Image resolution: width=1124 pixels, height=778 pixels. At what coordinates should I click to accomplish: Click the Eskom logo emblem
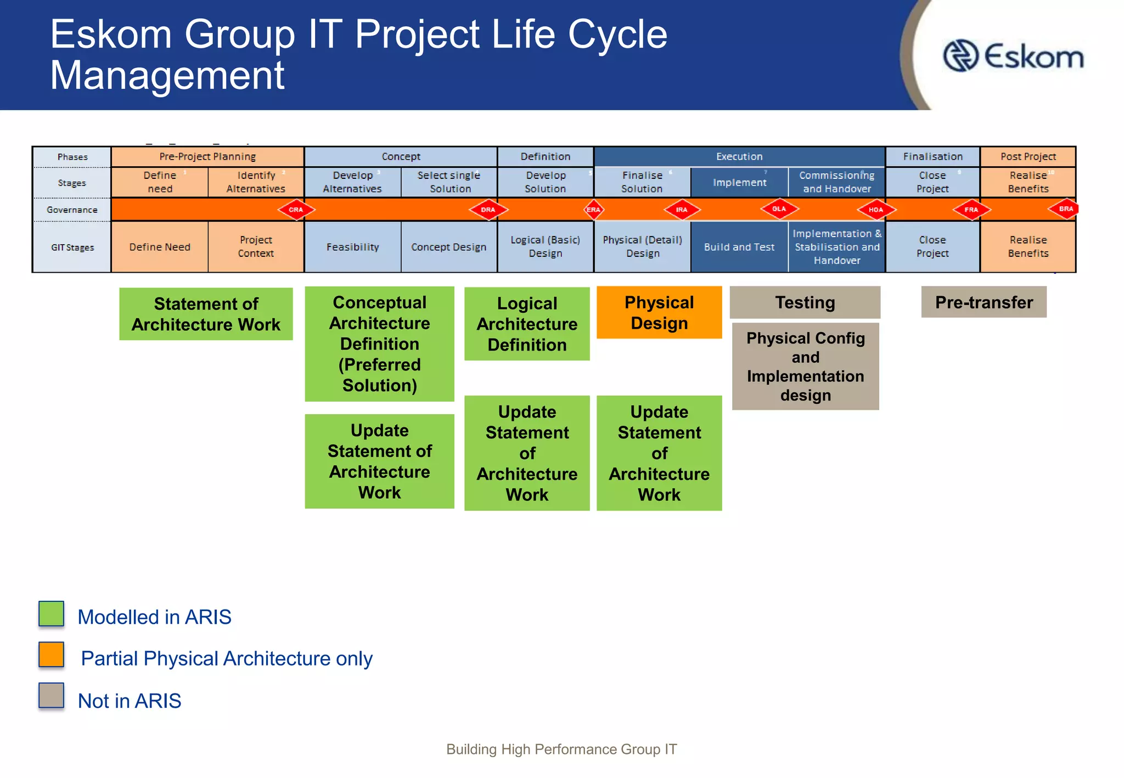(x=960, y=55)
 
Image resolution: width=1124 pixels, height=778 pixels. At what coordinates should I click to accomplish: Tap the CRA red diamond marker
(x=296, y=210)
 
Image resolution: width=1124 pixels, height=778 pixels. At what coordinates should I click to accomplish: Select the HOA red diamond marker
(x=876, y=210)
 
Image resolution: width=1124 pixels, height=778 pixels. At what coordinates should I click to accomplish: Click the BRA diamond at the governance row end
(x=1065, y=209)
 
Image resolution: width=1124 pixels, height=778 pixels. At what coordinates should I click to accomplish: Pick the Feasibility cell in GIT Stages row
(x=352, y=247)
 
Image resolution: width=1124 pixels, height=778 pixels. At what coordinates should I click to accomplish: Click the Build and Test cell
(x=739, y=247)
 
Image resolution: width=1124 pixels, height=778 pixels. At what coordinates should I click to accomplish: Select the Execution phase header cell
(x=739, y=156)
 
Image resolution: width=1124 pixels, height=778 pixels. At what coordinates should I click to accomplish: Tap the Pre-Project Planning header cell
(x=207, y=156)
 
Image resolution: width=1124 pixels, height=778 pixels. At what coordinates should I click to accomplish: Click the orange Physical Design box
(x=659, y=312)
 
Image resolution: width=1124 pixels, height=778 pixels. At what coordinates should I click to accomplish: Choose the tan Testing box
(x=805, y=302)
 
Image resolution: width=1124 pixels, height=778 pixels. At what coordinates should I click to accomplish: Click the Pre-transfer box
(x=983, y=302)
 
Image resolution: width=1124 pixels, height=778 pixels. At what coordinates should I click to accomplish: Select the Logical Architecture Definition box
(x=527, y=324)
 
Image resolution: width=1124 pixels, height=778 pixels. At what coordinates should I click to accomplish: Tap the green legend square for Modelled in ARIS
(x=52, y=613)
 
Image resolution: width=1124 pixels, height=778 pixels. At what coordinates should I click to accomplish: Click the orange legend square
(x=52, y=655)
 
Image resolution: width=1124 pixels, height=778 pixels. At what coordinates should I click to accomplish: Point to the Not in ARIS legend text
(x=130, y=701)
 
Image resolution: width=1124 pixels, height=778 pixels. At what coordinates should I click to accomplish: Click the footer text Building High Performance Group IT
(x=561, y=749)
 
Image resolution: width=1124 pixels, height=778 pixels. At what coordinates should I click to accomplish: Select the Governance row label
(x=72, y=210)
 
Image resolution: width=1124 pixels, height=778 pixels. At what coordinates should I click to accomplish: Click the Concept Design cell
(x=448, y=247)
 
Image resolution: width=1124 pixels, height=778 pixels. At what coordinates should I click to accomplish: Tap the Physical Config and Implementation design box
(x=805, y=366)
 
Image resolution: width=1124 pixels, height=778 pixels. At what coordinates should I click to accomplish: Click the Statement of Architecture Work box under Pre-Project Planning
(x=206, y=314)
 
